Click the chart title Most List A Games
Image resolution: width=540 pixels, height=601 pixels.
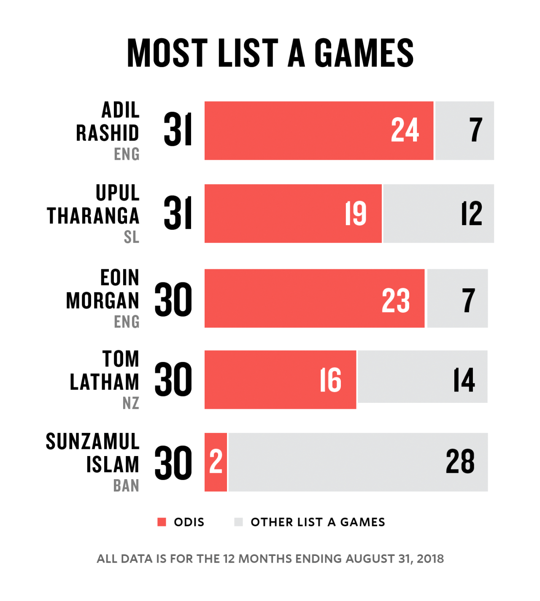click(x=270, y=53)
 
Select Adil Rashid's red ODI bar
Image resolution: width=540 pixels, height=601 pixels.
click(x=319, y=131)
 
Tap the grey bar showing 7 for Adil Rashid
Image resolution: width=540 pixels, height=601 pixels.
click(x=464, y=131)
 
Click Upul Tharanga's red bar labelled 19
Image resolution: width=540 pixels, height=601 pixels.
click(x=293, y=214)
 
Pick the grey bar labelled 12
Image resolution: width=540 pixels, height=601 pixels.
click(x=438, y=214)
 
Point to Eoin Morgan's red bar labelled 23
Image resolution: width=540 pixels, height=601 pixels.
click(x=314, y=298)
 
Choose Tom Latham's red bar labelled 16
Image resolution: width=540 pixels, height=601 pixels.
click(x=280, y=380)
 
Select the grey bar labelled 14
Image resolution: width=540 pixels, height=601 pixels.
click(x=422, y=377)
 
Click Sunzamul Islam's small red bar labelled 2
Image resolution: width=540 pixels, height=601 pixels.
click(x=216, y=462)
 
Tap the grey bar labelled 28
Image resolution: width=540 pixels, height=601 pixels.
click(x=358, y=462)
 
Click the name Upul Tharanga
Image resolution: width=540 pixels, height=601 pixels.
click(x=94, y=204)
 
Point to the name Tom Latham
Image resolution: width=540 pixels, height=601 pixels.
click(x=105, y=370)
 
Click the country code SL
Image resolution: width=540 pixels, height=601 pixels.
click(x=131, y=237)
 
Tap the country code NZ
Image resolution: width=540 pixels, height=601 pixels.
click(x=130, y=403)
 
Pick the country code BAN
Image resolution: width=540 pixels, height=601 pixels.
click(x=126, y=486)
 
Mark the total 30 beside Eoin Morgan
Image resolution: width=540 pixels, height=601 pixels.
click(x=173, y=300)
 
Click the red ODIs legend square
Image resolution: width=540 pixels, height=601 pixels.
click(x=162, y=522)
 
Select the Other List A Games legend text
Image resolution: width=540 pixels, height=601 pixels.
click(x=318, y=522)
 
